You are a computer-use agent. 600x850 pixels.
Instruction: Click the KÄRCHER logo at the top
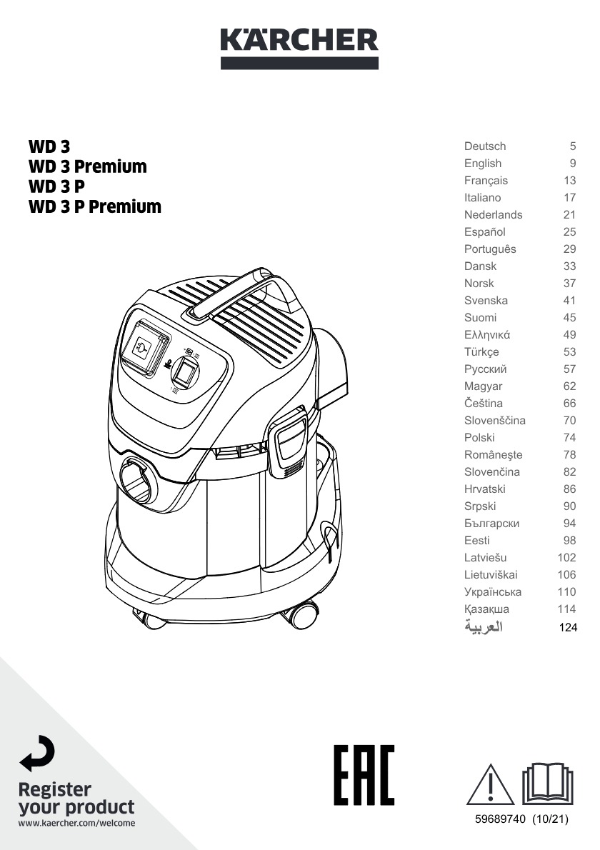tap(299, 48)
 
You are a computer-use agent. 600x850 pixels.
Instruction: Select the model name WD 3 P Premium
tap(95, 206)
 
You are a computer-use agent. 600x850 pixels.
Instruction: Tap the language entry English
tap(482, 163)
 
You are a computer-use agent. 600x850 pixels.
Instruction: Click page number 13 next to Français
tap(569, 181)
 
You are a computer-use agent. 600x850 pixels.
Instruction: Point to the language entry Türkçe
tap(481, 352)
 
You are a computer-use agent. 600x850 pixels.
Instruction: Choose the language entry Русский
tap(485, 369)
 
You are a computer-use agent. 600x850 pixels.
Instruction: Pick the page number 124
tap(568, 627)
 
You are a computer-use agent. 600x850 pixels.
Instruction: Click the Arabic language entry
tap(484, 626)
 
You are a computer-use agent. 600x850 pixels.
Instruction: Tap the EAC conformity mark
tap(364, 775)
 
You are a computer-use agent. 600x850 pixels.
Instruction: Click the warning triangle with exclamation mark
tap(490, 785)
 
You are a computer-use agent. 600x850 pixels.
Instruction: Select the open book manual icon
tap(547, 784)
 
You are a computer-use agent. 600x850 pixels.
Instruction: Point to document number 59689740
tap(500, 819)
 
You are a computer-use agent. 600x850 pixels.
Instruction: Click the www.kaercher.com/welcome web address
tap(76, 823)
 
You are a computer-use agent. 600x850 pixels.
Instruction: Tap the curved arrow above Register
tap(37, 754)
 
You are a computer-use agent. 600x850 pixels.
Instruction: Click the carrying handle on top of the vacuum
tap(244, 293)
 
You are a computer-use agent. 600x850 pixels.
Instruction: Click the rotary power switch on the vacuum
tap(186, 371)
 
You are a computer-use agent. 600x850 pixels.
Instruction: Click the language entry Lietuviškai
tap(491, 574)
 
